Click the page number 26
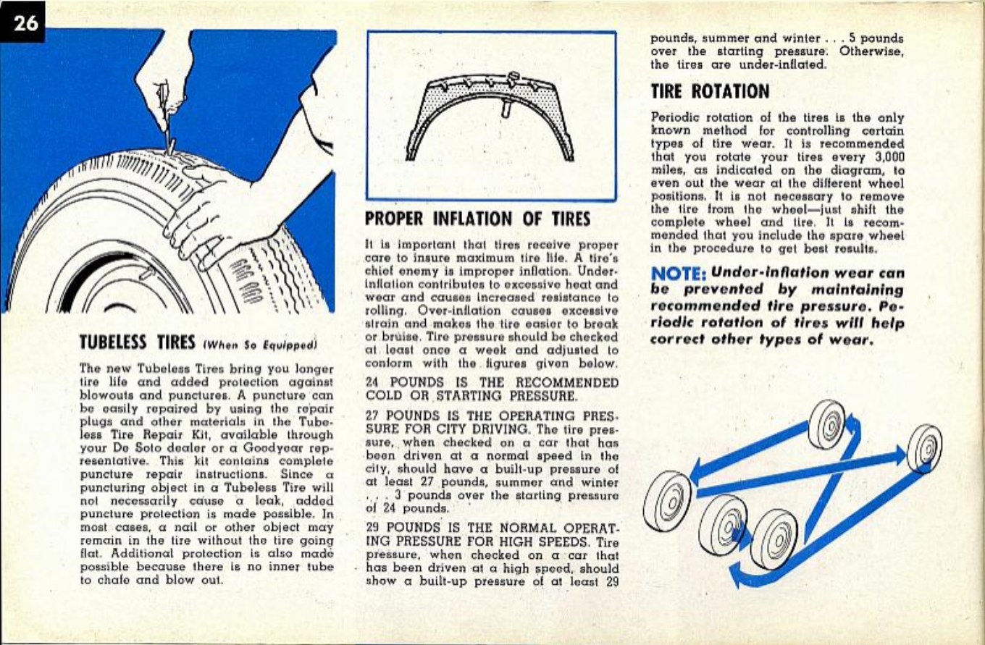pyautogui.click(x=25, y=22)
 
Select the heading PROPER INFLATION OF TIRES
pyautogui.click(x=478, y=218)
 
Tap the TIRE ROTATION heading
pyautogui.click(x=709, y=91)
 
